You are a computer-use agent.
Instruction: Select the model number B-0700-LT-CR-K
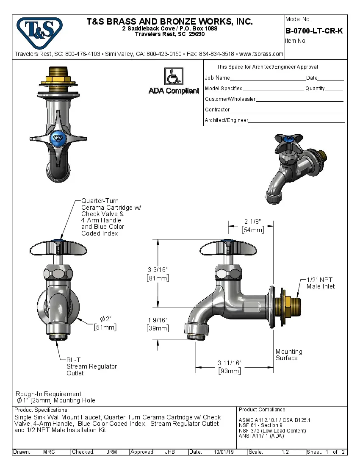click(x=314, y=31)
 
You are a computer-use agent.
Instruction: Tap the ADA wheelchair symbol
click(x=173, y=77)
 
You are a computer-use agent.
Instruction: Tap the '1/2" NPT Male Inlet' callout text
click(x=321, y=283)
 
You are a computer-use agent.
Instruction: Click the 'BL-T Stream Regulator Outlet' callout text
click(x=91, y=366)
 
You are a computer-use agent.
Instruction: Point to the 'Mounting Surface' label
click(x=289, y=355)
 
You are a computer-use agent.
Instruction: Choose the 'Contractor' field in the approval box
click(x=217, y=110)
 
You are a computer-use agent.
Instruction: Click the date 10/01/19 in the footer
click(x=224, y=452)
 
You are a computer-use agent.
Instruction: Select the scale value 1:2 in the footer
click(x=285, y=452)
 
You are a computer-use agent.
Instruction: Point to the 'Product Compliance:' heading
click(x=263, y=410)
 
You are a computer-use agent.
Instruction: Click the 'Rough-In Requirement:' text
click(x=49, y=394)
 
